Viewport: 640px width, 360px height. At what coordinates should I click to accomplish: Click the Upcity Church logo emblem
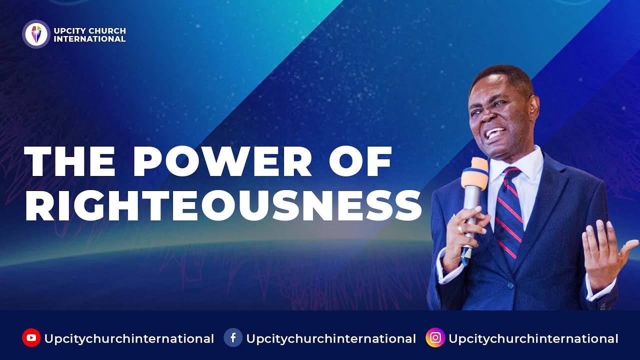pyautogui.click(x=36, y=34)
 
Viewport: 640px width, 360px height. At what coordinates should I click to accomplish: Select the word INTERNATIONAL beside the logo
pyautogui.click(x=89, y=39)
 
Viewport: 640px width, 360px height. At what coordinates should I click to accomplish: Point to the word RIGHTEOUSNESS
pyautogui.click(x=223, y=204)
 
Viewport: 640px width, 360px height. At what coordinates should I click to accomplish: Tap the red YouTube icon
pyautogui.click(x=31, y=338)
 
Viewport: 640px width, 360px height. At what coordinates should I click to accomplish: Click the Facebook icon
pyautogui.click(x=233, y=338)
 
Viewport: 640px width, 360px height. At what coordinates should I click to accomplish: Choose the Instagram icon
pyautogui.click(x=435, y=338)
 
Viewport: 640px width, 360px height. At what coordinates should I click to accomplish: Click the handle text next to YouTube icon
pyautogui.click(x=129, y=338)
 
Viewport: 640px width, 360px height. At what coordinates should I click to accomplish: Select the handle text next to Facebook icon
pyautogui.click(x=331, y=338)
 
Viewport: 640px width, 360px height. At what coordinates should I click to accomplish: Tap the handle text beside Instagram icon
pyautogui.click(x=533, y=338)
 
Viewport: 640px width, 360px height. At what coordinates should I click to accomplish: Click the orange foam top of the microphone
pyautogui.click(x=475, y=173)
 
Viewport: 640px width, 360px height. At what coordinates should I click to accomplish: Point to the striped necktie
pyautogui.click(x=509, y=210)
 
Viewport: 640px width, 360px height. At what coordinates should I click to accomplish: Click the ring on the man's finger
pyautogui.click(x=460, y=228)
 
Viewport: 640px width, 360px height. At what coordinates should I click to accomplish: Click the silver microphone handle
pyautogui.click(x=470, y=210)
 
